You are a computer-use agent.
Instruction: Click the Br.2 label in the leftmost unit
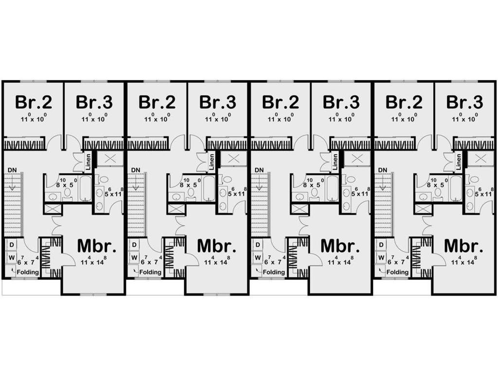tap(34, 102)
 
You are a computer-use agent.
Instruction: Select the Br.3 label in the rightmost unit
tap(464, 102)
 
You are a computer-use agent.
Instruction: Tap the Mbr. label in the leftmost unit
tap(97, 246)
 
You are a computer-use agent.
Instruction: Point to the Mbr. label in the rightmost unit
tap(463, 246)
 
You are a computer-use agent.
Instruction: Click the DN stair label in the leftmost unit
tap(12, 170)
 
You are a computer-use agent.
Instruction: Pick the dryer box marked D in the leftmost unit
tap(12, 245)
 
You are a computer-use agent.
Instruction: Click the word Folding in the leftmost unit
tap(28, 272)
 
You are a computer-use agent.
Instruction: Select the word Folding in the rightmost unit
tap(397, 272)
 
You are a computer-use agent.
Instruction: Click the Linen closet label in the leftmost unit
tap(89, 161)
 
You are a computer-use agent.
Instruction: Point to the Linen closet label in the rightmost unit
tap(458, 161)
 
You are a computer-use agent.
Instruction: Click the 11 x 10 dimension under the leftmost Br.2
tap(33, 118)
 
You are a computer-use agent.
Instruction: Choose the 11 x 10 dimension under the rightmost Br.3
tap(464, 118)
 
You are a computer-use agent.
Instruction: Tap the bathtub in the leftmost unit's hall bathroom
tap(85, 188)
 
